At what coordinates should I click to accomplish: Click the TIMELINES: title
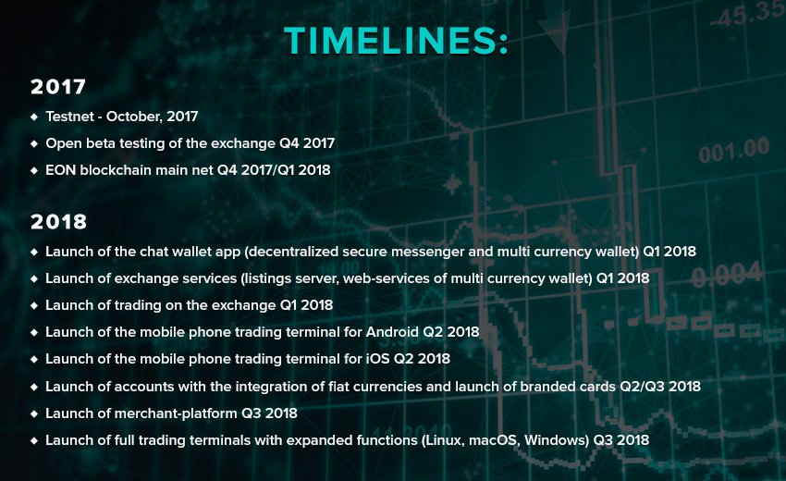[x=396, y=41]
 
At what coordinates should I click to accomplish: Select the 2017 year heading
[x=58, y=88]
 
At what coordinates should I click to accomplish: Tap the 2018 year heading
[x=58, y=222]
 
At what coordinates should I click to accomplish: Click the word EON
[x=60, y=170]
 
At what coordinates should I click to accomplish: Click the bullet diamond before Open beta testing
[x=34, y=143]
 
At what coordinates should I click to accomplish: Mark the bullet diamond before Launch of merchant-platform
[x=34, y=413]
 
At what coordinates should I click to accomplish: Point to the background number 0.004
[x=726, y=276]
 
